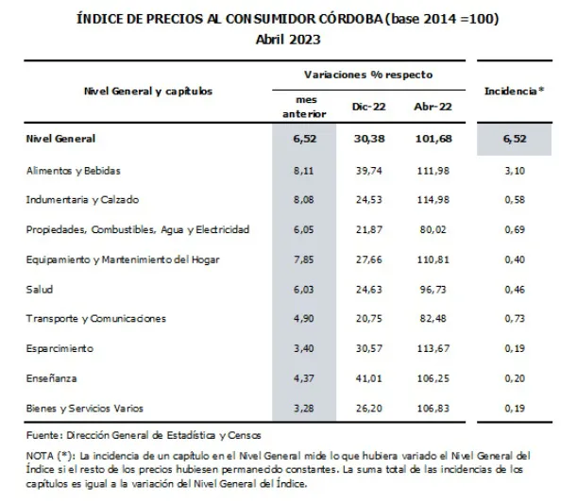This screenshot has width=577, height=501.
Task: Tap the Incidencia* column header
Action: tap(514, 92)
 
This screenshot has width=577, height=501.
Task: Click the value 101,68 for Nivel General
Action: tap(430, 140)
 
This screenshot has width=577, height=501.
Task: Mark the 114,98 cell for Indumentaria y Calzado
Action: tap(430, 200)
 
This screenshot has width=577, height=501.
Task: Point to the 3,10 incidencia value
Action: tap(514, 171)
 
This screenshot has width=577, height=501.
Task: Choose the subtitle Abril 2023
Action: tap(287, 38)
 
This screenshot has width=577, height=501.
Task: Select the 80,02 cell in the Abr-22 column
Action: tap(430, 229)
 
